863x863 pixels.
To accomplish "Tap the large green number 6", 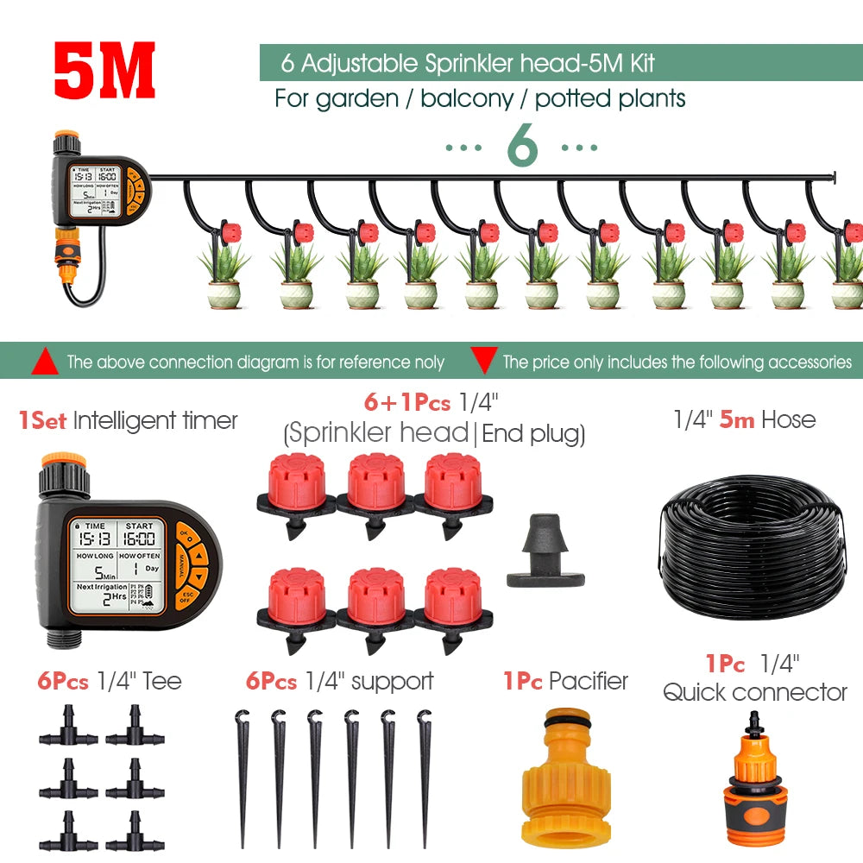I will tap(522, 148).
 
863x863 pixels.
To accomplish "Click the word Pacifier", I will tap(589, 681).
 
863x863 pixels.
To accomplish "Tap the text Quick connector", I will tap(755, 692).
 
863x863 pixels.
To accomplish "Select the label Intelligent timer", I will tap(155, 421).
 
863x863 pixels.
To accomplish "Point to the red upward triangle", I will tap(44, 362).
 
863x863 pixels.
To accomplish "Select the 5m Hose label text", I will tap(744, 420).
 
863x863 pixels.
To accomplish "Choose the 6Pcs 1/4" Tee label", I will tap(110, 681).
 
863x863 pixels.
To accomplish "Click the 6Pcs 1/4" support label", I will tap(339, 681).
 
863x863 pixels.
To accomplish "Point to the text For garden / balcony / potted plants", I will tap(480, 98).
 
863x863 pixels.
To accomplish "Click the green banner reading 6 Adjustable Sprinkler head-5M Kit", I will tap(561, 63).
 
